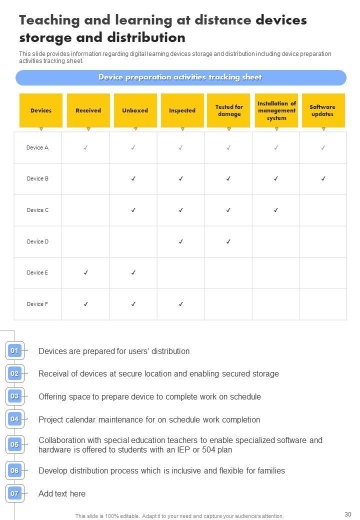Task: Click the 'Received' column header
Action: point(88,110)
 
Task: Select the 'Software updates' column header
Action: point(322,110)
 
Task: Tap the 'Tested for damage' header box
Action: point(229,110)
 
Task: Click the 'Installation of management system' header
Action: point(276,110)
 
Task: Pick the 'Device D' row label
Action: point(37,241)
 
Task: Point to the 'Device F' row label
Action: point(37,304)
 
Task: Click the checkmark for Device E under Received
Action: point(86,272)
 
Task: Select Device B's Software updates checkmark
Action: point(323,178)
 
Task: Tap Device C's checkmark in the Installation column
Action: point(276,210)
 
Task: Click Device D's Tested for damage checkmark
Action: point(228,241)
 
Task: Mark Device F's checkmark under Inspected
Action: point(181,304)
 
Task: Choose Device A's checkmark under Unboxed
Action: point(133,147)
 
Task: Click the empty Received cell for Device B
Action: point(86,178)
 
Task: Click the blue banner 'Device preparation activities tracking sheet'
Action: point(180,77)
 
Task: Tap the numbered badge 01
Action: point(14,351)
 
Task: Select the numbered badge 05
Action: point(14,444)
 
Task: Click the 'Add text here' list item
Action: point(62,493)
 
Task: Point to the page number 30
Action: point(348,514)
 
